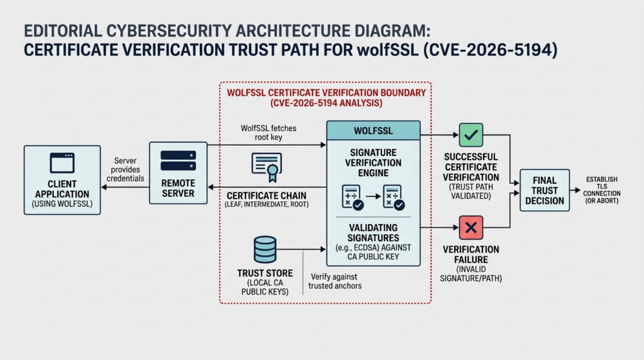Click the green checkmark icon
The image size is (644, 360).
470,135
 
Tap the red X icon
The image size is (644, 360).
470,227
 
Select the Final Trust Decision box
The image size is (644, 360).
544,189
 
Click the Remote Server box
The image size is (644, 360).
178,172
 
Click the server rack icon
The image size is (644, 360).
178,160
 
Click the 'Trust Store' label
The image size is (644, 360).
265,273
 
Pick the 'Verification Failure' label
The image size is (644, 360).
470,254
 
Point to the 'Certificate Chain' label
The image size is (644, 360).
266,195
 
